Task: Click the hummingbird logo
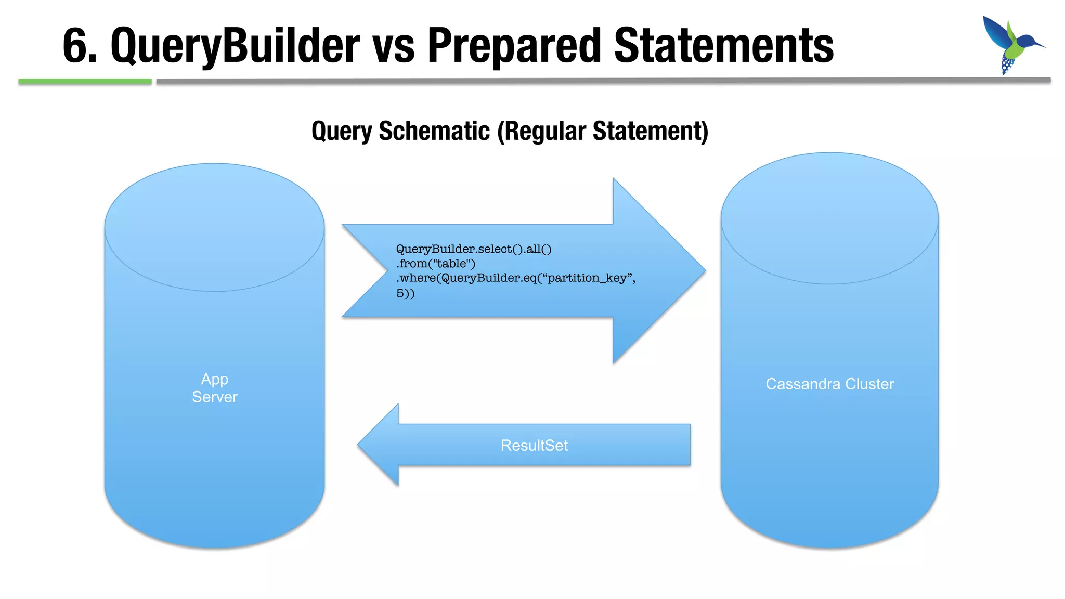(x=1011, y=45)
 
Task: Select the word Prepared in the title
(x=514, y=46)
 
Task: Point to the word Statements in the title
(x=724, y=46)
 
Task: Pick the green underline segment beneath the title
(x=85, y=82)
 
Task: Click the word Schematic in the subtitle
(x=434, y=131)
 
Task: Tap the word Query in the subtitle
(x=341, y=131)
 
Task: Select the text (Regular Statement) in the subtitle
(x=603, y=131)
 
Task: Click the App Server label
(x=215, y=388)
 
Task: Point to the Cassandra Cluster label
(x=829, y=384)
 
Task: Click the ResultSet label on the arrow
(x=534, y=446)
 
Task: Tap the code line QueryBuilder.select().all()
(x=474, y=249)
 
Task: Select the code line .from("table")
(x=436, y=264)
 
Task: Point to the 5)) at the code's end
(x=406, y=293)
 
